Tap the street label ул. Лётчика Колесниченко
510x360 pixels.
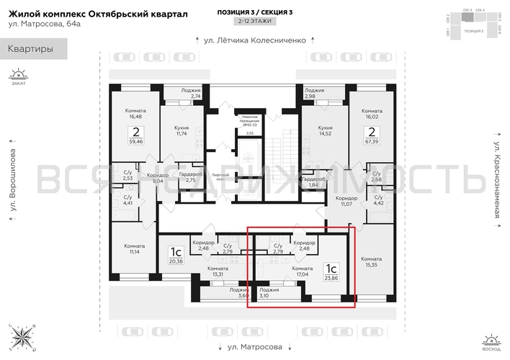tap(255, 40)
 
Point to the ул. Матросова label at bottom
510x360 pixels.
tap(254, 346)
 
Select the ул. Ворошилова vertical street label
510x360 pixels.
tap(14, 181)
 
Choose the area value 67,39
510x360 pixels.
tap(372, 143)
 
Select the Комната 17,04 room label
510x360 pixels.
tap(303, 271)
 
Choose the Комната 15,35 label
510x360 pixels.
tap(372, 262)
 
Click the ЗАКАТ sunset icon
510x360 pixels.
tap(18, 76)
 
